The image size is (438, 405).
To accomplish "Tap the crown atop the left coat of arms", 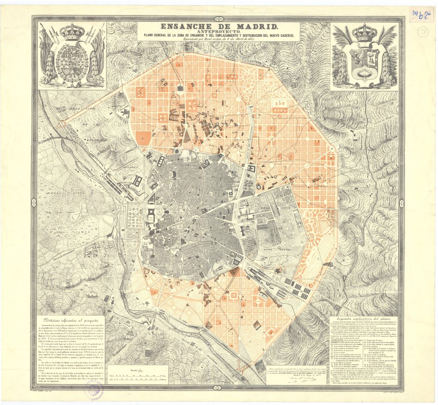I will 72,31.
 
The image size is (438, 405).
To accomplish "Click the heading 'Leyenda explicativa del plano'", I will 365,319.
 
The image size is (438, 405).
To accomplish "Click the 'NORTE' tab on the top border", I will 219,19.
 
